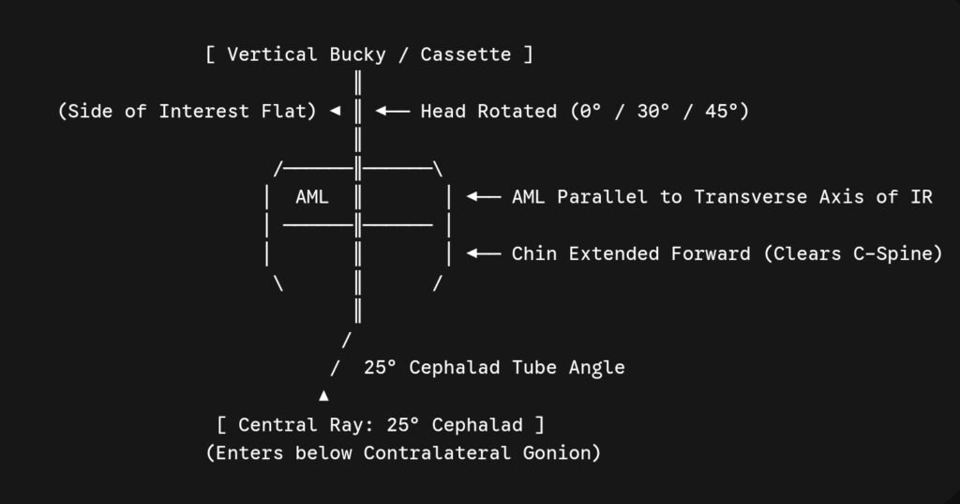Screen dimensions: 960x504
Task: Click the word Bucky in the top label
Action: coord(357,54)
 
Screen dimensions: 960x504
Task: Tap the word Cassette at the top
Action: coord(465,53)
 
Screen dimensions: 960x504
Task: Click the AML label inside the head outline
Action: coord(312,197)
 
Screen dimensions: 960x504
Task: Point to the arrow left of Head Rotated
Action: coord(393,111)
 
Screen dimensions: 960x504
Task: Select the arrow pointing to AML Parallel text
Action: coord(484,197)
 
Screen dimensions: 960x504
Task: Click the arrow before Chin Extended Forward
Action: coord(484,253)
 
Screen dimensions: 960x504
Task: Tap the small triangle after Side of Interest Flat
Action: coord(335,111)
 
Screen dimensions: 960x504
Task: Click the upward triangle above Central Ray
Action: coord(323,396)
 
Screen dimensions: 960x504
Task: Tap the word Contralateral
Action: coord(437,452)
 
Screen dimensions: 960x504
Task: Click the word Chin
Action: coord(533,253)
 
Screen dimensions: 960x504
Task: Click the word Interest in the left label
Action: coord(203,111)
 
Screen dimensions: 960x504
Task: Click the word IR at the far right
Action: coord(921,197)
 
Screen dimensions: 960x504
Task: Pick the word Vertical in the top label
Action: coord(273,53)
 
